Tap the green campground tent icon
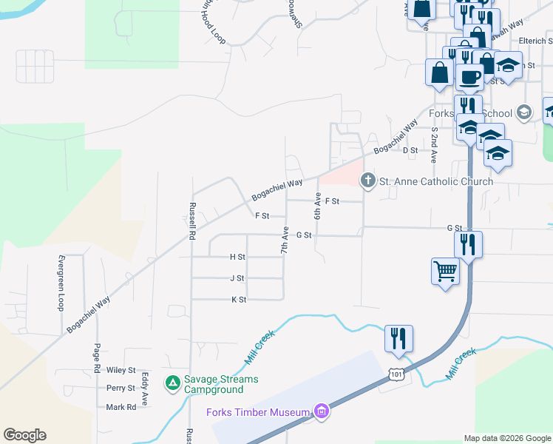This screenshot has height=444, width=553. (x=172, y=383)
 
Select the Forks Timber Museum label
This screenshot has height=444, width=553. (x=258, y=412)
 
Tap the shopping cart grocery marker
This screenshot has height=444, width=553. (x=446, y=272)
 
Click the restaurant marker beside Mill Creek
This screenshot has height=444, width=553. (x=398, y=338)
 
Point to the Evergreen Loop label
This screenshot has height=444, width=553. (x=61, y=283)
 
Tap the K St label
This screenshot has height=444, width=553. (x=238, y=300)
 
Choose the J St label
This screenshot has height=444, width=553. (x=237, y=278)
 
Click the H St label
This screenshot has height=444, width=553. (x=237, y=257)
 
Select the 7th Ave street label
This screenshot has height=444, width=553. (x=284, y=240)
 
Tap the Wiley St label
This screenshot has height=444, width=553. (x=121, y=370)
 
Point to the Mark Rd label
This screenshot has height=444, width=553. (x=121, y=407)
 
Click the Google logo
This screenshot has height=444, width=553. (x=24, y=435)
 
